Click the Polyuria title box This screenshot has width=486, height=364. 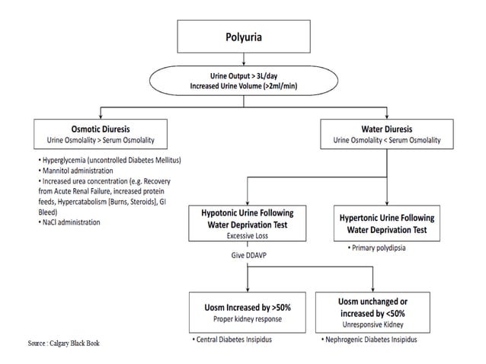[x=243, y=36]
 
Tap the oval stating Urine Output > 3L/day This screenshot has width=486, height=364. [x=243, y=81]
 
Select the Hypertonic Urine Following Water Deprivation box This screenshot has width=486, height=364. [x=388, y=222]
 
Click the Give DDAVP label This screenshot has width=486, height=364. [x=242, y=257]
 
